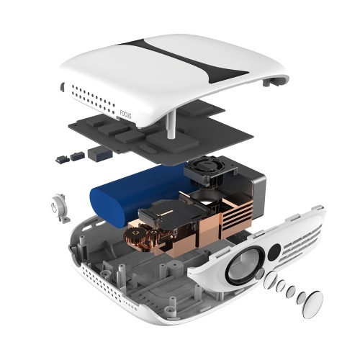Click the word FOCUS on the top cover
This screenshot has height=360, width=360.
coord(125,114)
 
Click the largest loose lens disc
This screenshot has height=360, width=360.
coord(313,305)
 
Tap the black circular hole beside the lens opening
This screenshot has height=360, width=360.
coord(274,251)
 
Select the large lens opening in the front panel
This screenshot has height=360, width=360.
coord(243,264)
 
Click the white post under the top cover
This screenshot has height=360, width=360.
coord(171,125)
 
